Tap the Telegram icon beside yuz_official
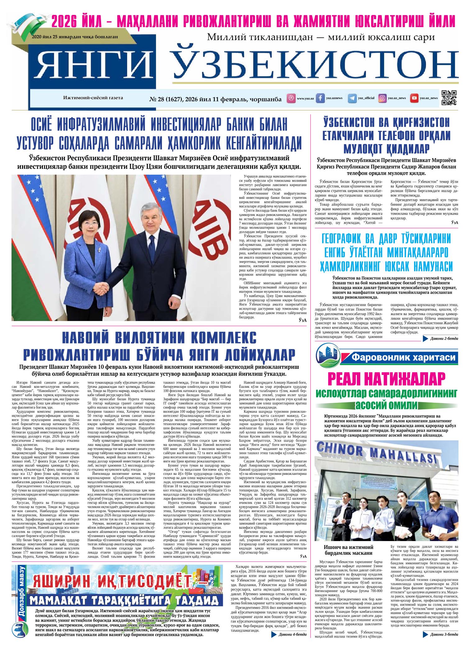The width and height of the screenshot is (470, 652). click(x=352, y=98)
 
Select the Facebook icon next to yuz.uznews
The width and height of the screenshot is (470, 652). click(x=320, y=98)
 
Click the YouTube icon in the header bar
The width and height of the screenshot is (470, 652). click(x=414, y=98)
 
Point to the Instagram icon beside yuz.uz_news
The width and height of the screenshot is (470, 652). click(x=382, y=98)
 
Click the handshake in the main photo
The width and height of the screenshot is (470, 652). click(x=102, y=287)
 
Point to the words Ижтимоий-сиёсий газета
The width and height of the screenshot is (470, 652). click(x=93, y=98)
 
